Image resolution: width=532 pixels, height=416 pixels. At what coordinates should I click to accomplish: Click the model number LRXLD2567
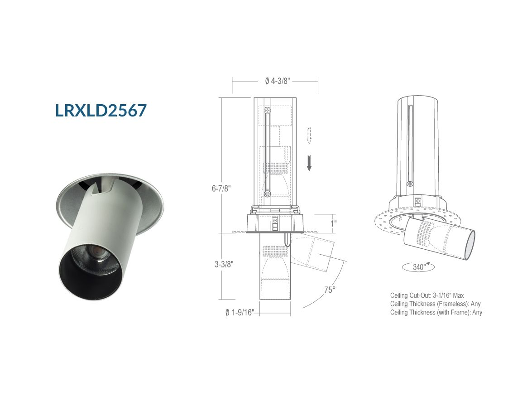pyautogui.click(x=101, y=111)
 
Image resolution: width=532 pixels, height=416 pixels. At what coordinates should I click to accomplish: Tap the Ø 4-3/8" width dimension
pyautogui.click(x=278, y=81)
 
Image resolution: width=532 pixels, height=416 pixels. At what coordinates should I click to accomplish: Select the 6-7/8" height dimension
pyautogui.click(x=221, y=188)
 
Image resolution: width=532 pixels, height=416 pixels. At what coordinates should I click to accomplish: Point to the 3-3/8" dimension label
pyautogui.click(x=224, y=264)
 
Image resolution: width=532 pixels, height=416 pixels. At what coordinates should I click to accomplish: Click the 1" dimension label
pyautogui.click(x=334, y=223)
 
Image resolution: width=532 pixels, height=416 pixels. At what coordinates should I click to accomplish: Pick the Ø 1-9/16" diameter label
pyautogui.click(x=240, y=312)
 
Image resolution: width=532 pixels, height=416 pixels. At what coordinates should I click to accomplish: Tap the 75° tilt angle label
pyautogui.click(x=330, y=290)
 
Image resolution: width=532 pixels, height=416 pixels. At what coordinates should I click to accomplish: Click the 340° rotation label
pyautogui.click(x=419, y=267)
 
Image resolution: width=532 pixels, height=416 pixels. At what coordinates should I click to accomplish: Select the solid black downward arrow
pyautogui.click(x=309, y=163)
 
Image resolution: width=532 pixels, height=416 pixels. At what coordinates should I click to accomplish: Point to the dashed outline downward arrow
pyautogui.click(x=309, y=135)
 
